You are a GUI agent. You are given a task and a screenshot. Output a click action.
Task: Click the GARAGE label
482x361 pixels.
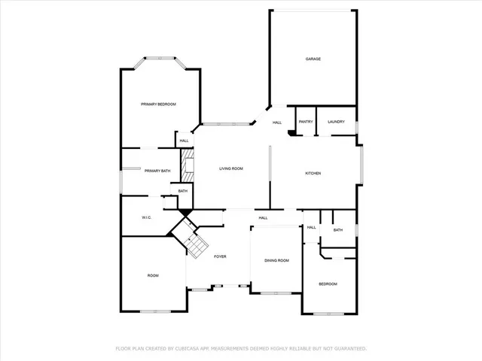tap(313, 59)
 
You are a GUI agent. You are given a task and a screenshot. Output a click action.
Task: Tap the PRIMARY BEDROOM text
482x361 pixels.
tap(158, 104)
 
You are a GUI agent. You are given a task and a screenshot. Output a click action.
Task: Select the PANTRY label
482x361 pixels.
tap(306, 122)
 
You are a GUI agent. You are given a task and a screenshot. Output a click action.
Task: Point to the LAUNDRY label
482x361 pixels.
tap(336, 122)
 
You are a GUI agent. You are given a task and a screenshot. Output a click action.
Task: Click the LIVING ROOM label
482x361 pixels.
tap(230, 169)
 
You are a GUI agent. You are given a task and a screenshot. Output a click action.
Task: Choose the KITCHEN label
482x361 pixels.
tap(313, 174)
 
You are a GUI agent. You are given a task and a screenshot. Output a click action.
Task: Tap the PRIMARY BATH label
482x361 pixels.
tap(157, 171)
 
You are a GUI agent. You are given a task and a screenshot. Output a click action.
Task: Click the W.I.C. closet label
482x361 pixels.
tap(148, 218)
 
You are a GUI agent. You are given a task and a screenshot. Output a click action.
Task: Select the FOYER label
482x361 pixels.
tap(220, 257)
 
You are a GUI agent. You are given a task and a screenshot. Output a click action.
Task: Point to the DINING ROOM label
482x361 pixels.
tap(276, 261)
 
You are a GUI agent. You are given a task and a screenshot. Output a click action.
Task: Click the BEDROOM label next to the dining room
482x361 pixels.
tap(328, 284)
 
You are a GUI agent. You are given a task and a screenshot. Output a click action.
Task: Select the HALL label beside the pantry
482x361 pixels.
tap(277, 123)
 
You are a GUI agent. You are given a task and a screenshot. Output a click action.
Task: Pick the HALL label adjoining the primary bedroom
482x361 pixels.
tap(184, 141)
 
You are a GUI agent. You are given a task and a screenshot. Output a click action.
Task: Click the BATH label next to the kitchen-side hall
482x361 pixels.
tap(337, 230)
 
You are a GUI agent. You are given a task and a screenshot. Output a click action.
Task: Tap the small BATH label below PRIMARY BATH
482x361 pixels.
tap(183, 191)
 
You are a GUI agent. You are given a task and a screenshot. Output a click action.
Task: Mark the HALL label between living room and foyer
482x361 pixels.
tap(263, 218)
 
